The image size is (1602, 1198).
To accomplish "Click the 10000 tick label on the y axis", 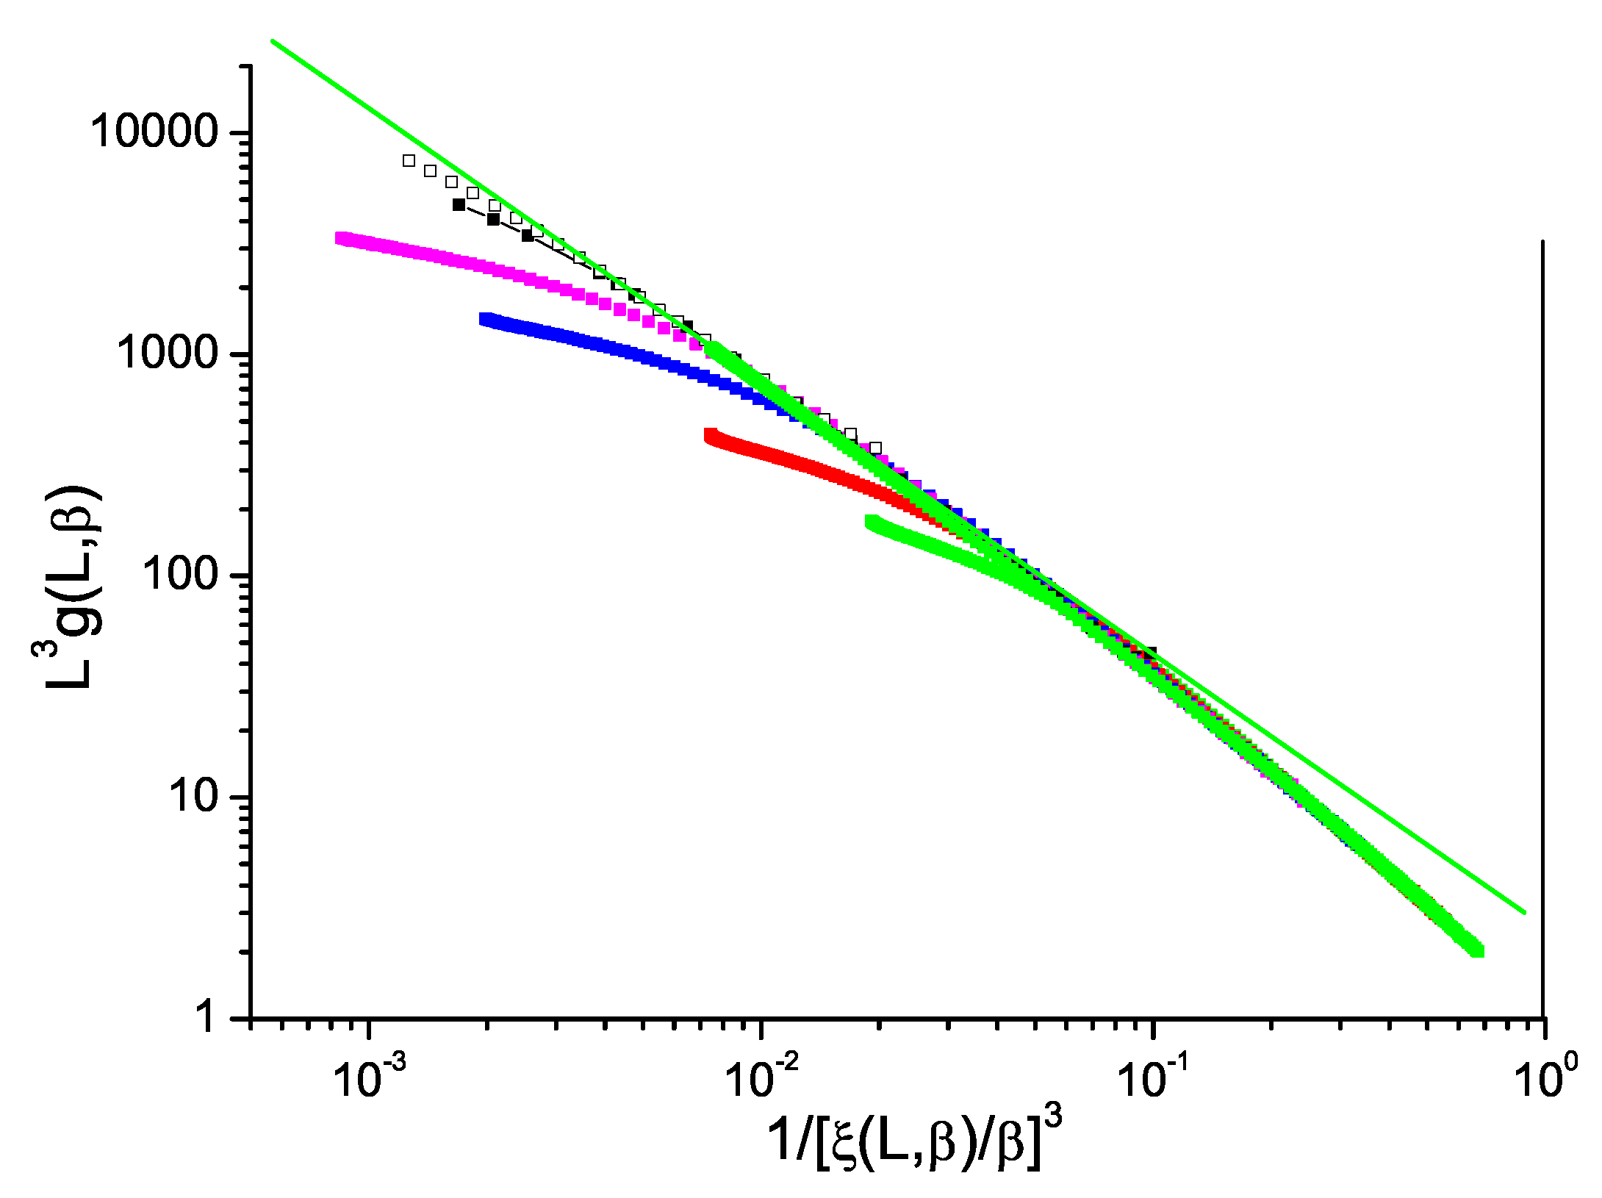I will [154, 132].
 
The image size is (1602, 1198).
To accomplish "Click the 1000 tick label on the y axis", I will [167, 354].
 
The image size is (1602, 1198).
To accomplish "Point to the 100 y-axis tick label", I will [180, 575].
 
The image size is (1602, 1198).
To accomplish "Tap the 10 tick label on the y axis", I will [193, 797].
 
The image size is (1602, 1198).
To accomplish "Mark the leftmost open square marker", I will [409, 160].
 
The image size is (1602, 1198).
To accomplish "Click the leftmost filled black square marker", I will [459, 205].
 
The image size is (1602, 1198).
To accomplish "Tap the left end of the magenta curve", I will [340, 238].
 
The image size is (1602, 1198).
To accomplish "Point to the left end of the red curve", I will [710, 436].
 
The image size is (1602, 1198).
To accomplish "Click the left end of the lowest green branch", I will [872, 522].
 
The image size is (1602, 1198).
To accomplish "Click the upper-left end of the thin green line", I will [273, 41].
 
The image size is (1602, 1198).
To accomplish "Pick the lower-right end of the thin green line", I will [1525, 913].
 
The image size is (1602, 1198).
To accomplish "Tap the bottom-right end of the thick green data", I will [1477, 951].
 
